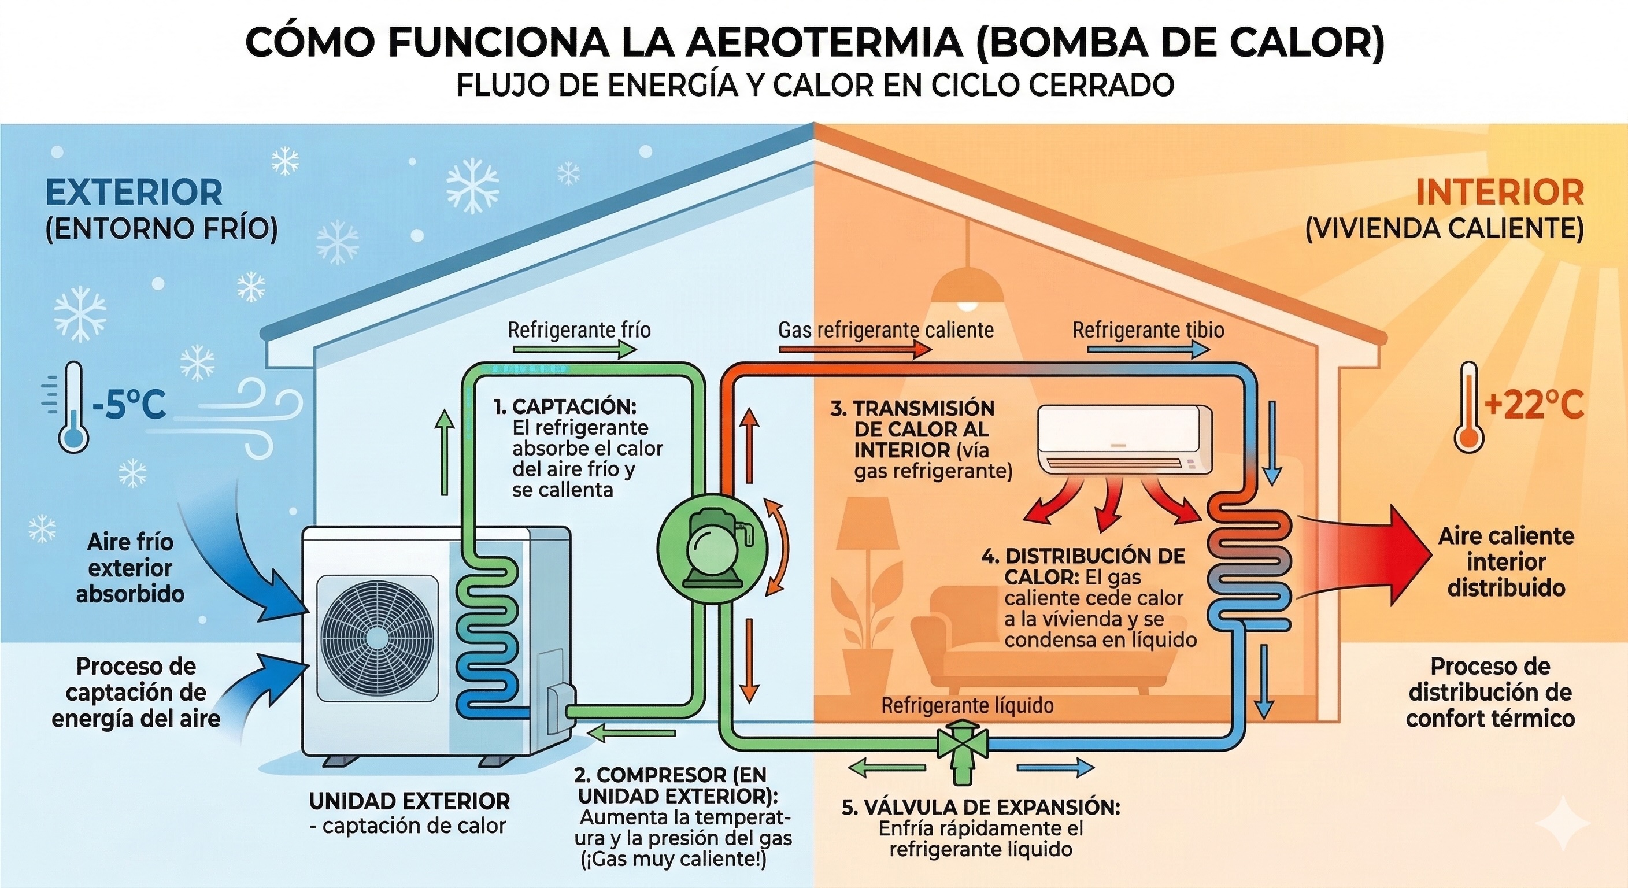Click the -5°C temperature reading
[x=129, y=405]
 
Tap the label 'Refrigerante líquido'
[x=967, y=705]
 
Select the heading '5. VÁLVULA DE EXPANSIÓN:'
[x=981, y=807]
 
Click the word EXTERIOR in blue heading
[x=134, y=193]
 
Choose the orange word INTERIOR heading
[x=1499, y=193]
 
